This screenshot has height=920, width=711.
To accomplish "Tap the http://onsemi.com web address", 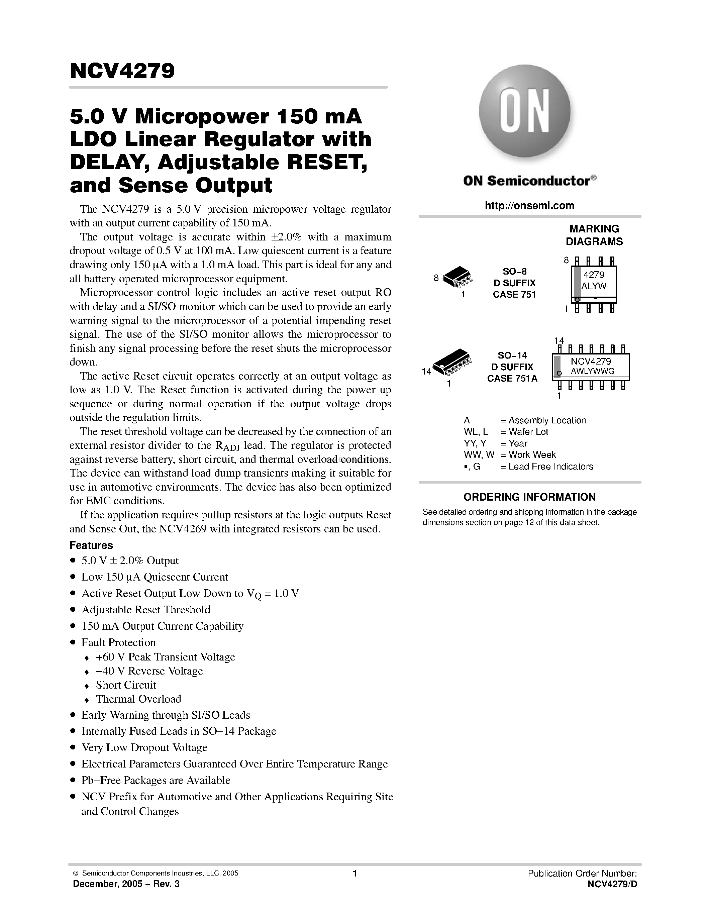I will pyautogui.click(x=529, y=206).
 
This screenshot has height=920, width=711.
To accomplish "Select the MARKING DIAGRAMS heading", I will pyautogui.click(x=594, y=235).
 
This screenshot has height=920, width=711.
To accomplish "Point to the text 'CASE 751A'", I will pyautogui.click(x=512, y=378).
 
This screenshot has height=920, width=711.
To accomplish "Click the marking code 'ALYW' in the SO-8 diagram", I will pyautogui.click(x=594, y=286).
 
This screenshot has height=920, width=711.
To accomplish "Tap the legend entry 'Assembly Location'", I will pyautogui.click(x=547, y=420).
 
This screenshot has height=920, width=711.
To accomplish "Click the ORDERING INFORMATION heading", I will pyautogui.click(x=529, y=497).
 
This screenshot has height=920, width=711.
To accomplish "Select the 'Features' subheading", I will pyautogui.click(x=91, y=545).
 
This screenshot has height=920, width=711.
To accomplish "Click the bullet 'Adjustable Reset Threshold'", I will pyautogui.click(x=146, y=610).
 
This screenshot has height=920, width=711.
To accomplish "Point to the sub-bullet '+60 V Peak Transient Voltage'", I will pyautogui.click(x=165, y=657).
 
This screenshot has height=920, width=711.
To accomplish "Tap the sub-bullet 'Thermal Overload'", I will pyautogui.click(x=138, y=699).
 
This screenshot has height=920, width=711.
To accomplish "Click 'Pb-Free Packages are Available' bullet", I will pyautogui.click(x=156, y=780).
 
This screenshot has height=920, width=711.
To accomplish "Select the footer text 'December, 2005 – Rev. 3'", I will pyautogui.click(x=126, y=884).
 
